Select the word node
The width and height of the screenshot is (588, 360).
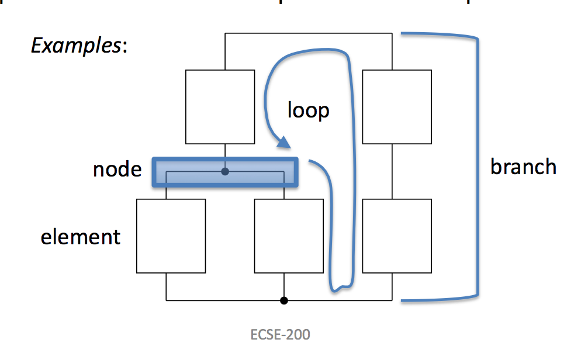click(x=117, y=169)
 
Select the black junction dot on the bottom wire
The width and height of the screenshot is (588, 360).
click(x=284, y=300)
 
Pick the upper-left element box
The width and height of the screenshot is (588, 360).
click(x=220, y=106)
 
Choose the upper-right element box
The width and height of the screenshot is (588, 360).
click(x=397, y=106)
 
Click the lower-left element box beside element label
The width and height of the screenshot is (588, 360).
click(x=171, y=236)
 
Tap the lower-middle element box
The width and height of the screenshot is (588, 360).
click(x=289, y=236)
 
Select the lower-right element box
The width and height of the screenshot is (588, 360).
click(x=397, y=236)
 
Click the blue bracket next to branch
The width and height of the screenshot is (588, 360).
click(x=479, y=169)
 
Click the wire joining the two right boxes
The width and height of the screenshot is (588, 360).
click(x=397, y=171)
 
